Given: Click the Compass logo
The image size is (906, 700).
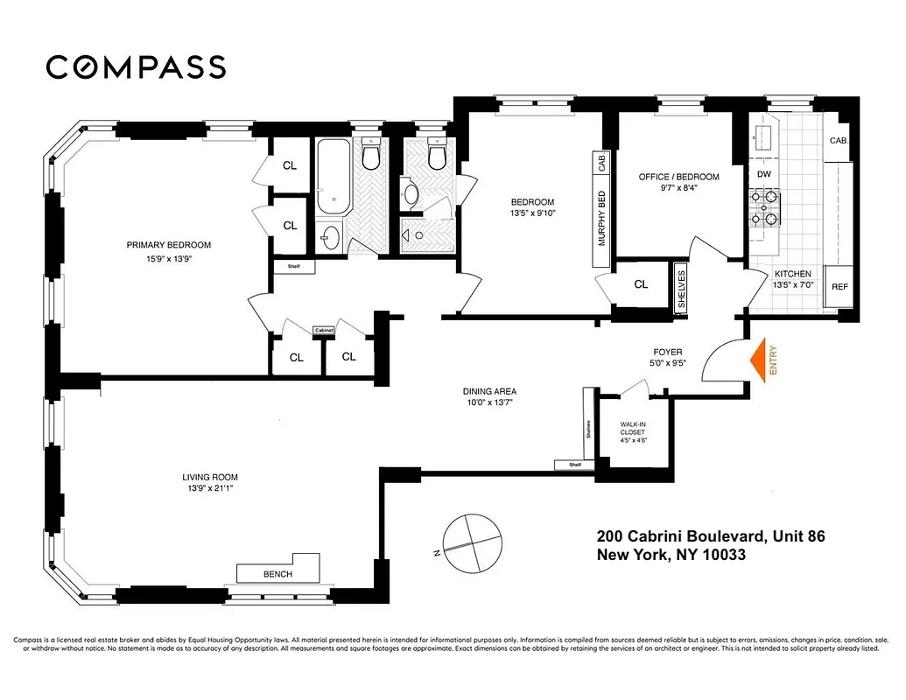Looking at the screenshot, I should (x=136, y=67).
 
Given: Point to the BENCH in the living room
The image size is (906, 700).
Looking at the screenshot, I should (x=277, y=574).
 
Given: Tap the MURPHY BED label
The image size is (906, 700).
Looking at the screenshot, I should (x=601, y=218).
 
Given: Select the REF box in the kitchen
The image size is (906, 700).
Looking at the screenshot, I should (x=839, y=287).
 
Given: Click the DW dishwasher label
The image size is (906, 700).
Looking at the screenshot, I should (x=763, y=174).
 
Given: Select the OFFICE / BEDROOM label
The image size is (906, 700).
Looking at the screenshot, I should (x=678, y=177).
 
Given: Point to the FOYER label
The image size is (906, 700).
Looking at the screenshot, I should (x=662, y=353).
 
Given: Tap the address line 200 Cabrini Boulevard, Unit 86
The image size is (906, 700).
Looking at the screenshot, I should (x=710, y=535).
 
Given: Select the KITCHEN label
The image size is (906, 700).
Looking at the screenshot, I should (x=792, y=274).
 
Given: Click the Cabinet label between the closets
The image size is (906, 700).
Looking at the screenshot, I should (x=325, y=330).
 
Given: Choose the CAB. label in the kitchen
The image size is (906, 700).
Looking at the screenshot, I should (x=839, y=140).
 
